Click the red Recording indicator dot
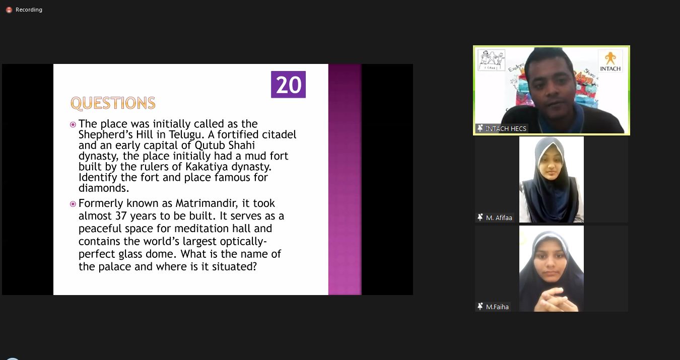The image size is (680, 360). click(x=9, y=10)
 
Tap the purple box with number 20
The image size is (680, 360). click(x=289, y=85)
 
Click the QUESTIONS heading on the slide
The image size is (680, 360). click(x=113, y=103)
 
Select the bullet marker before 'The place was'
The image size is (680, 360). click(x=73, y=124)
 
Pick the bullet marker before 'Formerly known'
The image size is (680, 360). click(x=73, y=204)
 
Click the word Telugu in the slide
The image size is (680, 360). click(x=186, y=135)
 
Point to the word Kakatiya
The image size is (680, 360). click(x=207, y=167)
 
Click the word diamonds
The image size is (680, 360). click(x=104, y=188)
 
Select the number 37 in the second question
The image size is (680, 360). click(x=121, y=216)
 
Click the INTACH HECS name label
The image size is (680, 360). click(x=506, y=129)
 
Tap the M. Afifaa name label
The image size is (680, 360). click(x=499, y=218)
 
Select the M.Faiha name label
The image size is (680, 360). click(x=497, y=307)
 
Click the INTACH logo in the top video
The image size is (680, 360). click(x=610, y=61)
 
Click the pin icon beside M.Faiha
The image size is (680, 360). click(x=480, y=306)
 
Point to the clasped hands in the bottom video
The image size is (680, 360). click(x=552, y=299)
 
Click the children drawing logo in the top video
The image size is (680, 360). click(x=491, y=60)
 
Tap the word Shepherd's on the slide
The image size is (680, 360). click(x=106, y=135)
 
